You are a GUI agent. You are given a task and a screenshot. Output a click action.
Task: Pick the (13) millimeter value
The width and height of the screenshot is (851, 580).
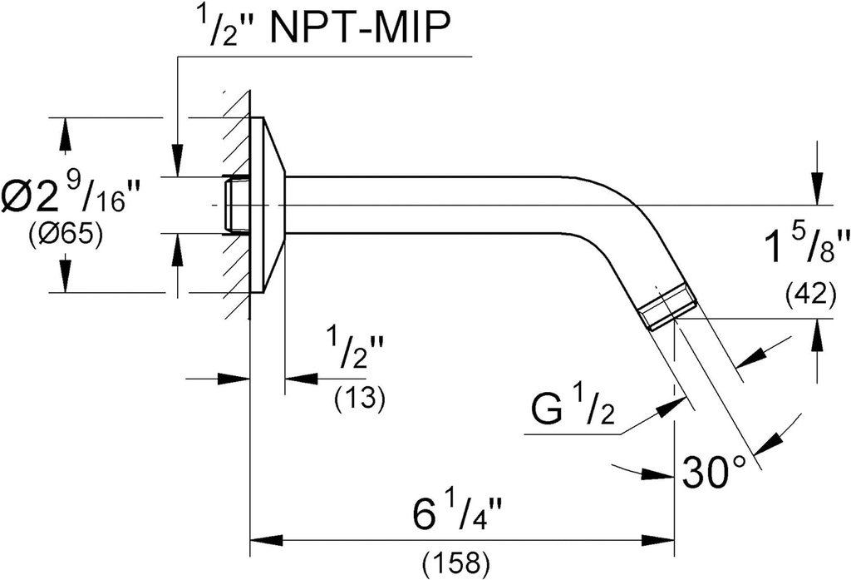tap(359, 399)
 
